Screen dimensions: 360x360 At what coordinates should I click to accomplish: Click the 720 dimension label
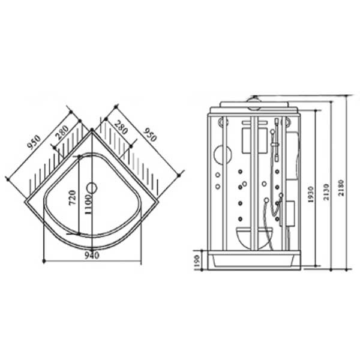tap(73, 198)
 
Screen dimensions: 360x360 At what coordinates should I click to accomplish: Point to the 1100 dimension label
tap(88, 205)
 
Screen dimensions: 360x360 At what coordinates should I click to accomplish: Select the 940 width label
tap(92, 256)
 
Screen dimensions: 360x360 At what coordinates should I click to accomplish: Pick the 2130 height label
tap(326, 192)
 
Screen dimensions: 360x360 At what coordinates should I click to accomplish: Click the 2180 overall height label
tap(341, 188)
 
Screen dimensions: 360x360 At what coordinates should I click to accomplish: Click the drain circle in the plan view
tap(92, 188)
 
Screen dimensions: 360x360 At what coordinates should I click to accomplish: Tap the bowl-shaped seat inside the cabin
tap(255, 238)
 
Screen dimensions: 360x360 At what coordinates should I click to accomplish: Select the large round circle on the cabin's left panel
tap(223, 155)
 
